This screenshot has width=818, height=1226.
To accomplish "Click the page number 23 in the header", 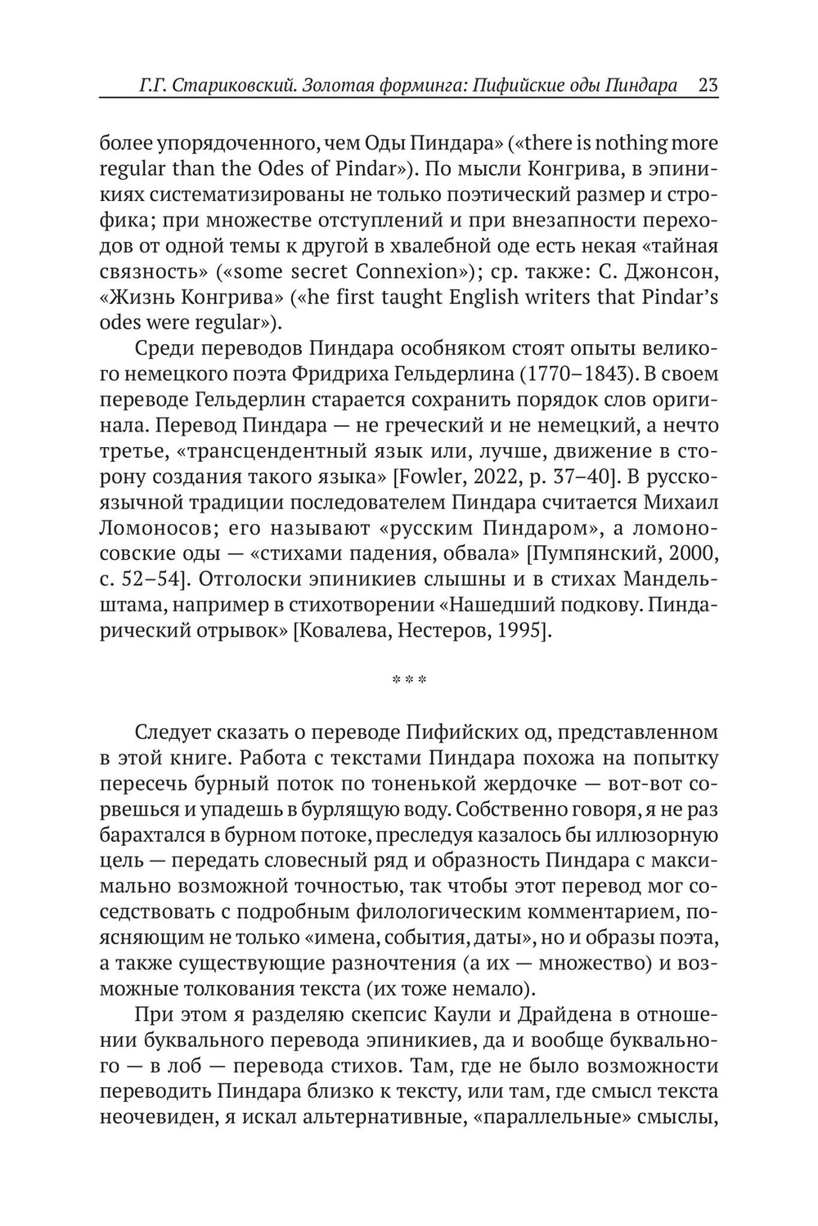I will point(708,86).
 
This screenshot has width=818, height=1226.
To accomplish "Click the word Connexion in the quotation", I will point(399,271).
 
